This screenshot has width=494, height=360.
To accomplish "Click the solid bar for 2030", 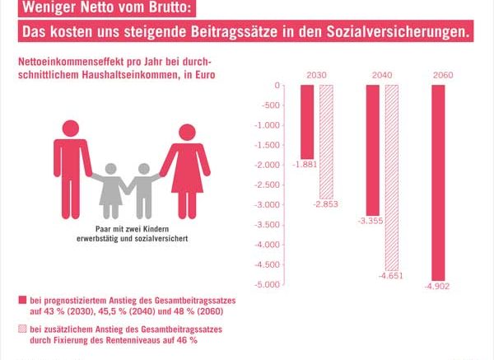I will [306, 122].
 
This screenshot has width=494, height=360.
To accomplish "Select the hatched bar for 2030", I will [325, 141].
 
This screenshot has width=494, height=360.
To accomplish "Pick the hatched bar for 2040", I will [391, 177].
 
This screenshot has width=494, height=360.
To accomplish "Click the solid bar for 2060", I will [438, 182].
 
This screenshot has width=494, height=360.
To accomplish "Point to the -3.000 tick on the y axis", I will [270, 205].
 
